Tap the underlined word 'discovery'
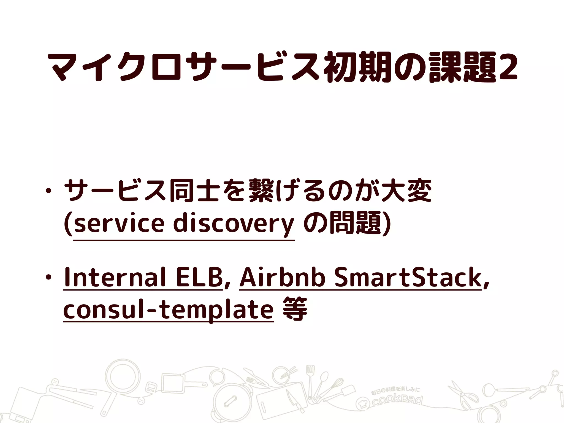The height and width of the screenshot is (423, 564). click(234, 224)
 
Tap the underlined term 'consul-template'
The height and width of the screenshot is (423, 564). click(168, 310)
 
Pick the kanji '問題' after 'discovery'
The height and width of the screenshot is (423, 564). click(355, 223)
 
